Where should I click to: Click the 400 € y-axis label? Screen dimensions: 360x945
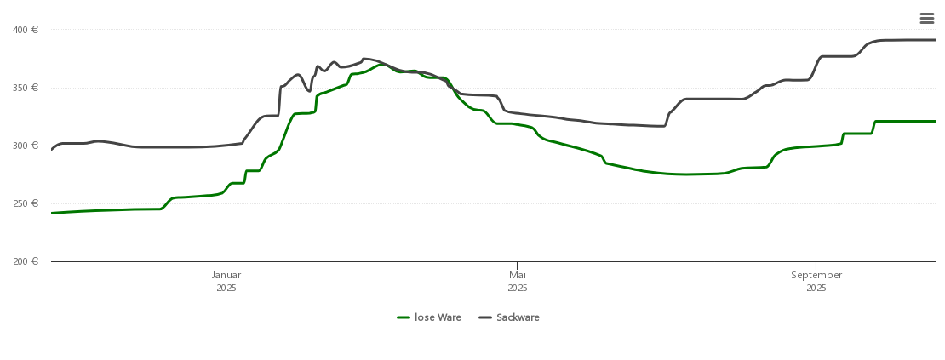26,30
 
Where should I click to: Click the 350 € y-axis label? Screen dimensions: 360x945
26,88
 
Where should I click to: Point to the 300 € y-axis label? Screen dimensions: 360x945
26,146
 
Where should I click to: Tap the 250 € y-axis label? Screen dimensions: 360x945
26,203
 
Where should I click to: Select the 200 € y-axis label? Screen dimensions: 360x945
26,261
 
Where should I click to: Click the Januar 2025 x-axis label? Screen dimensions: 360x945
226,281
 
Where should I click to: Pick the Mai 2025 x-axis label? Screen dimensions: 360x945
518,281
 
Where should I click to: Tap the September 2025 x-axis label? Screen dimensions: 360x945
816,281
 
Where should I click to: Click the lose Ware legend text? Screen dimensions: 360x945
438,317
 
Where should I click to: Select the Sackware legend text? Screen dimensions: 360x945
518,317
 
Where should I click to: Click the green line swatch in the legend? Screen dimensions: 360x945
404,317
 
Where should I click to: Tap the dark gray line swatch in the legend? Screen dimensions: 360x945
485,317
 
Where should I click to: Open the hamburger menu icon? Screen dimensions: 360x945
927,19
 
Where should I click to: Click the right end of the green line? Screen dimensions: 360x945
936,121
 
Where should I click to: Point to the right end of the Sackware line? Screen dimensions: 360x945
936,40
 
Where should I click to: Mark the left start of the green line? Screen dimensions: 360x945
52,213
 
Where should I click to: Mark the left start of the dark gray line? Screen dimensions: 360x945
52,150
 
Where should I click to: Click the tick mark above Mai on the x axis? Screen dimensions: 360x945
518,265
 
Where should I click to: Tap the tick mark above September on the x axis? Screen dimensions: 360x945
816,265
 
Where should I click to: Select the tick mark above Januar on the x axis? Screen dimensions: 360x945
226,265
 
